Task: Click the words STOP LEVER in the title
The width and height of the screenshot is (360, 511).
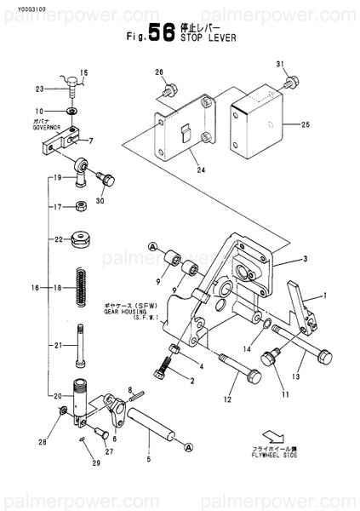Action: point(209,38)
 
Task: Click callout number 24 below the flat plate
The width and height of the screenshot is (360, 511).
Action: point(201,169)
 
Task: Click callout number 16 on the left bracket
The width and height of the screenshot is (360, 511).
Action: point(35,288)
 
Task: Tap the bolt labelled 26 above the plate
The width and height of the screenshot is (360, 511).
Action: point(173,88)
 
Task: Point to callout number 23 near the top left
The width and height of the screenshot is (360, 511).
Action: point(39,89)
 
